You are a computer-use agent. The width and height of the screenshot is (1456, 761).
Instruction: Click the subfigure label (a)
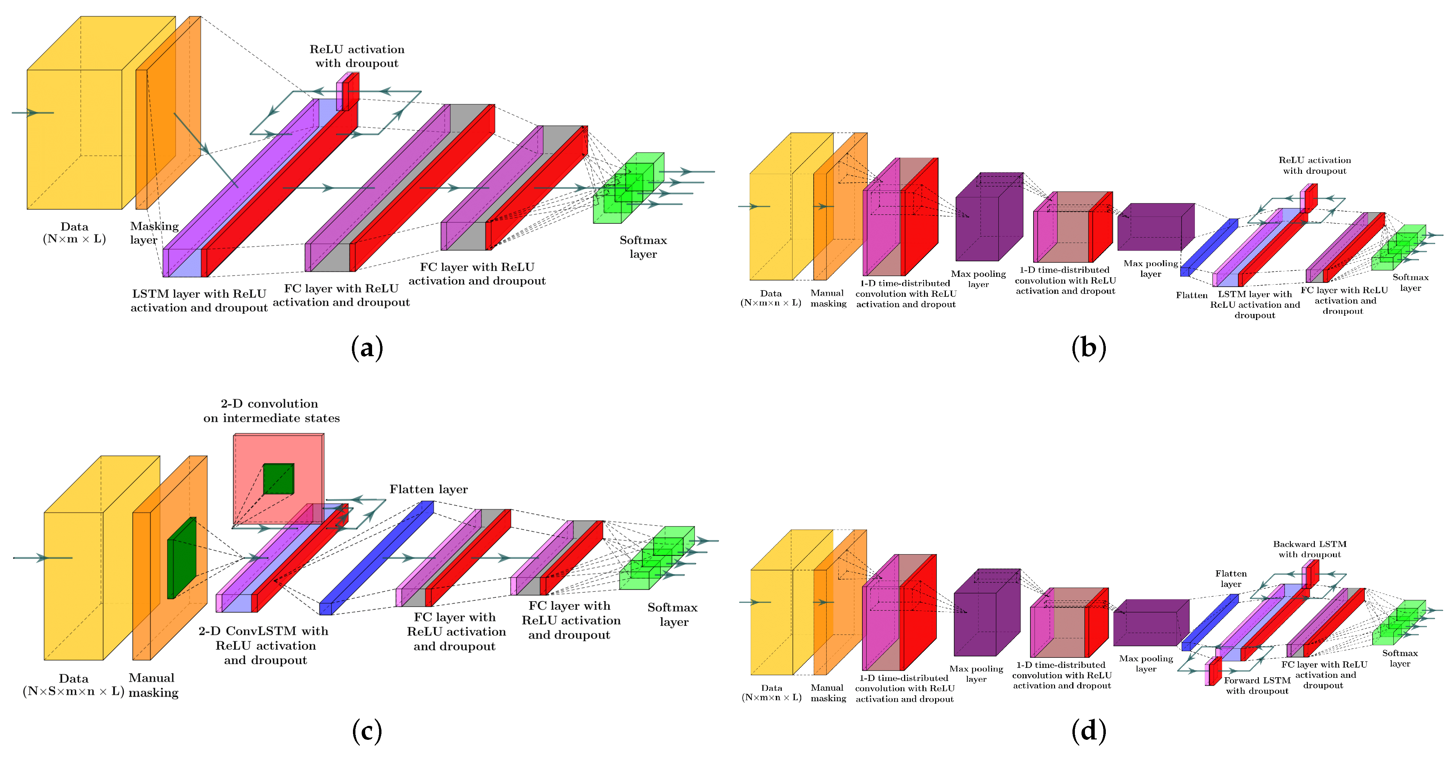tap(367, 347)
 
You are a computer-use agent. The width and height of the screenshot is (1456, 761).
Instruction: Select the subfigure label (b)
tap(1088, 347)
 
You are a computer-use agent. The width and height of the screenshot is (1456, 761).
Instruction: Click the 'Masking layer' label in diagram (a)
tap(154, 233)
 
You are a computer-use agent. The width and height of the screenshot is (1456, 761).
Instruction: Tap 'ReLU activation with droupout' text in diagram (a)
tap(357, 56)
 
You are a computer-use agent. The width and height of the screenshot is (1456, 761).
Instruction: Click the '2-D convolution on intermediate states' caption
tap(271, 411)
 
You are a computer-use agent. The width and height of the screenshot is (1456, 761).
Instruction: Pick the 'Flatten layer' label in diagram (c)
tap(428, 489)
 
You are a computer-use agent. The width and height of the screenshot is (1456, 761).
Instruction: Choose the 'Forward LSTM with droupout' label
tap(1257, 685)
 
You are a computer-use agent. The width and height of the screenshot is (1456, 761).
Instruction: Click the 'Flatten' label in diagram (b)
tap(1191, 295)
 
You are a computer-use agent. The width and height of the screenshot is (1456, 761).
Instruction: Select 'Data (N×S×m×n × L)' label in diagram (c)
tap(73, 685)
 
